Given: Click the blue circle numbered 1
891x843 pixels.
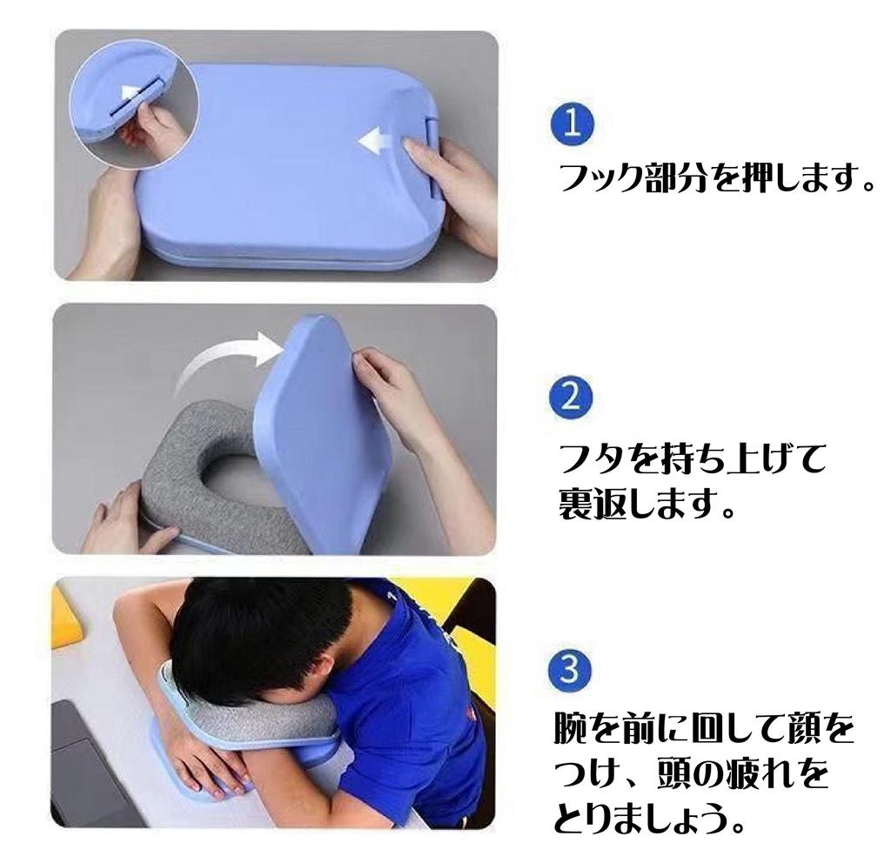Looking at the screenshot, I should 572,125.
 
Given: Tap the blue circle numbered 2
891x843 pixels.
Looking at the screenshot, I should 572,397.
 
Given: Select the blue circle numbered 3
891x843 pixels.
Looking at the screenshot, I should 572,670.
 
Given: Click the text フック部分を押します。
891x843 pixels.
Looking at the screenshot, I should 713,180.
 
